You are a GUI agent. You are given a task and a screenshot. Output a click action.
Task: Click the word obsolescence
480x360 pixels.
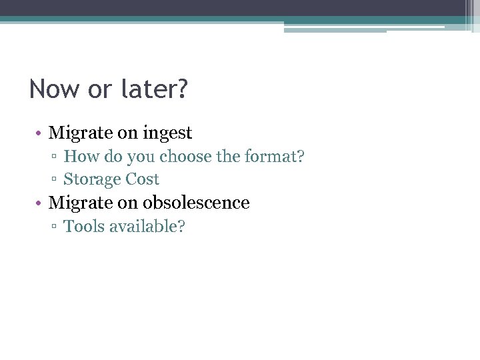tap(197, 203)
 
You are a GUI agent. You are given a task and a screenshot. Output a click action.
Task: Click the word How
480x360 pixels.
tap(79, 157)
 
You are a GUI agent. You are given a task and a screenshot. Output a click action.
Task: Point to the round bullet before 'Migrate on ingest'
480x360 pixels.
tap(40, 134)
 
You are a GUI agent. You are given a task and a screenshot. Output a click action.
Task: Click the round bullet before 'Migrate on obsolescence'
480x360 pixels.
tap(40, 203)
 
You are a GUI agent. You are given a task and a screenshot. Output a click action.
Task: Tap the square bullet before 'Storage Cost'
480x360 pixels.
tap(56, 180)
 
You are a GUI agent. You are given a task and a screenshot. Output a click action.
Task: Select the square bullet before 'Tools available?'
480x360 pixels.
tap(56, 227)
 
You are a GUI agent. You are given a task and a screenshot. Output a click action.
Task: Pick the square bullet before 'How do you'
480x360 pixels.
tap(56, 157)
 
